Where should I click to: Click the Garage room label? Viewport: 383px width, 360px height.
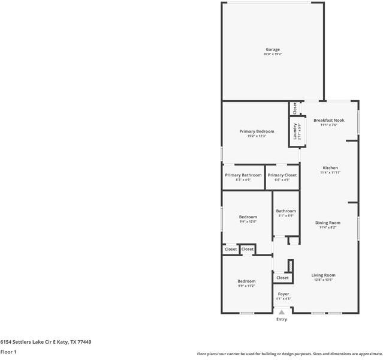(273, 50)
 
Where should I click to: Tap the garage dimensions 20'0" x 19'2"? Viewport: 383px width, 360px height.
(273, 55)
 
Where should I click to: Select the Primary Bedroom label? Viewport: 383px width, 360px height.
(257, 131)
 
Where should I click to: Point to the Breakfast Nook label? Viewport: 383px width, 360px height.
(329, 120)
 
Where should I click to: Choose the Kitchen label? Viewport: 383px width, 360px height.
(330, 168)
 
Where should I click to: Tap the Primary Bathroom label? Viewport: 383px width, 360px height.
(243, 175)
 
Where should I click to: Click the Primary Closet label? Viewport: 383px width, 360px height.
(282, 175)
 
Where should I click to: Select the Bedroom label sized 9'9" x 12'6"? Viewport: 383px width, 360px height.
(248, 217)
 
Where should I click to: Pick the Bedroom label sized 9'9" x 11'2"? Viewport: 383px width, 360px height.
(246, 281)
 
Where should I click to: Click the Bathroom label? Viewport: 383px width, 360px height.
(286, 211)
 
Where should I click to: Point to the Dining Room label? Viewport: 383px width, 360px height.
(328, 223)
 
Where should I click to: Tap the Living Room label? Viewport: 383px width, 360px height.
(323, 275)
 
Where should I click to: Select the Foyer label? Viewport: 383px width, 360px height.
(283, 294)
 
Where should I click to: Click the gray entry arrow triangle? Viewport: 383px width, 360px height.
(282, 312)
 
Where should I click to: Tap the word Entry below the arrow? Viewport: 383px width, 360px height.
(282, 319)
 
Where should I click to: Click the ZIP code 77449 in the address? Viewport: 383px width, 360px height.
(84, 341)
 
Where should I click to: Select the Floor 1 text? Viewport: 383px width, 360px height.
(8, 352)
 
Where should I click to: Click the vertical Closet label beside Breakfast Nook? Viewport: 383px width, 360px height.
(294, 108)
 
